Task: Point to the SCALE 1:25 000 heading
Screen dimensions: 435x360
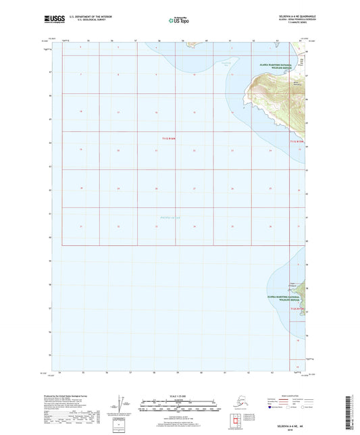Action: pos(179,395)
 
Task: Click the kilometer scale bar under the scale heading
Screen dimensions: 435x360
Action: pos(179,403)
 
